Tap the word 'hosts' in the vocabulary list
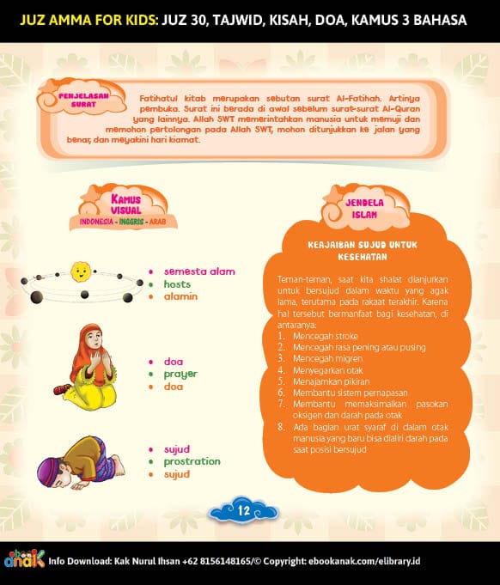177,284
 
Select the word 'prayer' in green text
181,374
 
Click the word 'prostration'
192,461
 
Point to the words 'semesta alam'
199,271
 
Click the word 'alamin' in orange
180,296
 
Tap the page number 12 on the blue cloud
243,510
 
